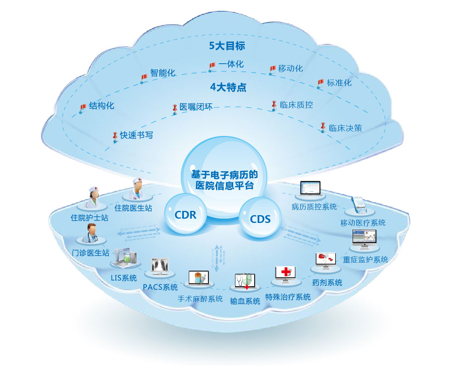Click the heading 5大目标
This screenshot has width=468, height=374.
(227, 46)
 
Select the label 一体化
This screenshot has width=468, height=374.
(231, 64)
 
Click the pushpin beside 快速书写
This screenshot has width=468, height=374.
(115, 136)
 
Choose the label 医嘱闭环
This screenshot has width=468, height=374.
(196, 107)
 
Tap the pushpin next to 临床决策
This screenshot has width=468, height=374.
(323, 127)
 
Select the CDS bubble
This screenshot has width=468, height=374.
(260, 219)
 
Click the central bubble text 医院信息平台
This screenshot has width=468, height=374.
(225, 185)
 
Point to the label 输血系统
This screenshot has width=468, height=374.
(245, 301)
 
